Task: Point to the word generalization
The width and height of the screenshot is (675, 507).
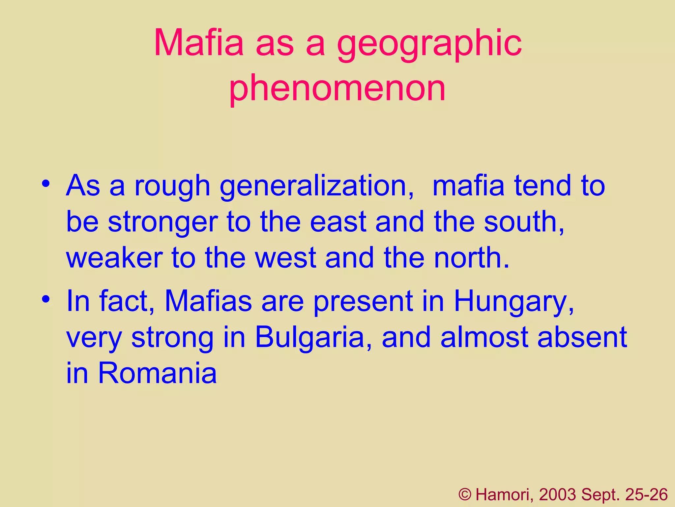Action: [x=316, y=187]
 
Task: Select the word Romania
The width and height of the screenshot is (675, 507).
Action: [x=158, y=373]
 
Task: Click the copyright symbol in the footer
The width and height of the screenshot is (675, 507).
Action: [x=465, y=494]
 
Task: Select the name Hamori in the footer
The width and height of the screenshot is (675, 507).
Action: [x=504, y=495]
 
